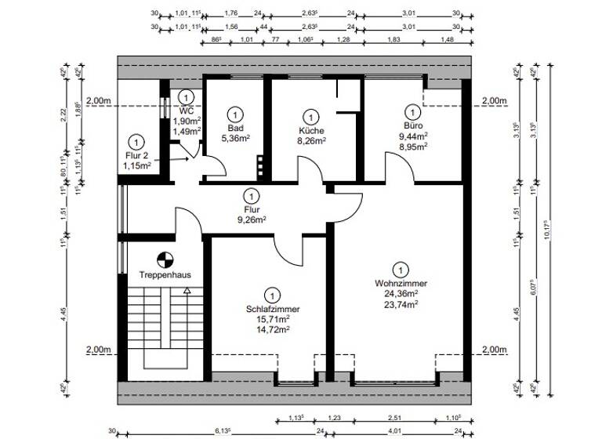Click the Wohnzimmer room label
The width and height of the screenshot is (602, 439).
(x=401, y=283)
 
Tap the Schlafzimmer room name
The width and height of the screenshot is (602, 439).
(x=271, y=310)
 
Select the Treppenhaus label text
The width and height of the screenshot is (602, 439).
(x=165, y=274)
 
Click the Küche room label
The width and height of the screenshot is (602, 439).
(x=311, y=131)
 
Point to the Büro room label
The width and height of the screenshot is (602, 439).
(x=412, y=125)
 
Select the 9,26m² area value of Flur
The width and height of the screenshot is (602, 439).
(x=252, y=221)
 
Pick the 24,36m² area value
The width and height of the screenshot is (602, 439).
(x=401, y=294)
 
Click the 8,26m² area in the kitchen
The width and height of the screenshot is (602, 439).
(x=311, y=141)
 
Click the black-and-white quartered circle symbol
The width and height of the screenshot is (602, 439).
(x=164, y=258)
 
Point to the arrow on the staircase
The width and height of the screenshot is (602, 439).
(x=187, y=290)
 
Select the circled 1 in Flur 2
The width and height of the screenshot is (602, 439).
(x=137, y=142)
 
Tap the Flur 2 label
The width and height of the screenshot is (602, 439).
(x=136, y=155)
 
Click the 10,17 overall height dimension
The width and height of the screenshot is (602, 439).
(x=554, y=232)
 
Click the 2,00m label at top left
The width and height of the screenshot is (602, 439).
(x=99, y=100)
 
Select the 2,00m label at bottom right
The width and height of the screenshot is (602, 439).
(x=495, y=350)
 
